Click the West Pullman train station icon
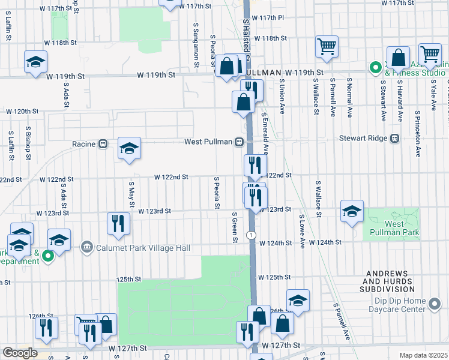(x=239, y=142)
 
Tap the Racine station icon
(x=103, y=144)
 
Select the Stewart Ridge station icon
(x=394, y=139)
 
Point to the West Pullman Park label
(x=394, y=228)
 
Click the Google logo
(x=20, y=353)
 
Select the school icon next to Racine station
(x=129, y=149)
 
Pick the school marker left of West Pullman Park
(x=352, y=211)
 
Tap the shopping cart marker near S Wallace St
(x=327, y=46)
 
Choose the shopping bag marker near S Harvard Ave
(x=397, y=58)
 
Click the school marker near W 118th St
(x=35, y=62)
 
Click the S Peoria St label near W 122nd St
(x=215, y=193)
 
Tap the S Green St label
(x=234, y=227)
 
